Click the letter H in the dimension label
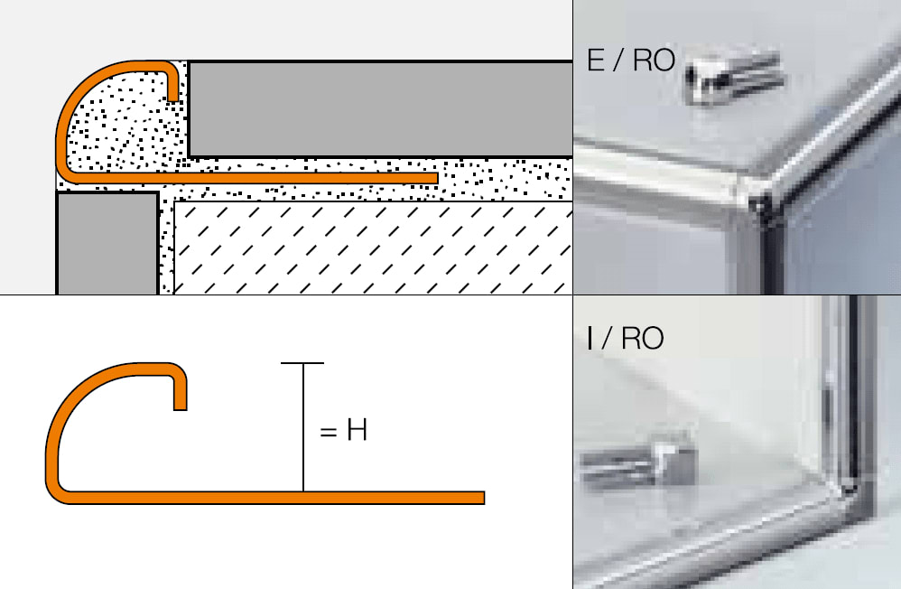coord(357,430)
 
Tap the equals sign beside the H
coord(328,431)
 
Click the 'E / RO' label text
coord(630,61)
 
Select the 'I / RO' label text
coord(625,338)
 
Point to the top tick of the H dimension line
coord(302,363)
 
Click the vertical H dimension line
coord(303,427)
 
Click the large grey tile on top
coord(380,108)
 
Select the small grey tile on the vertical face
coord(107,243)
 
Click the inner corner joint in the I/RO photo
coord(848,489)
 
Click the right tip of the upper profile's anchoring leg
coord(434,178)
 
